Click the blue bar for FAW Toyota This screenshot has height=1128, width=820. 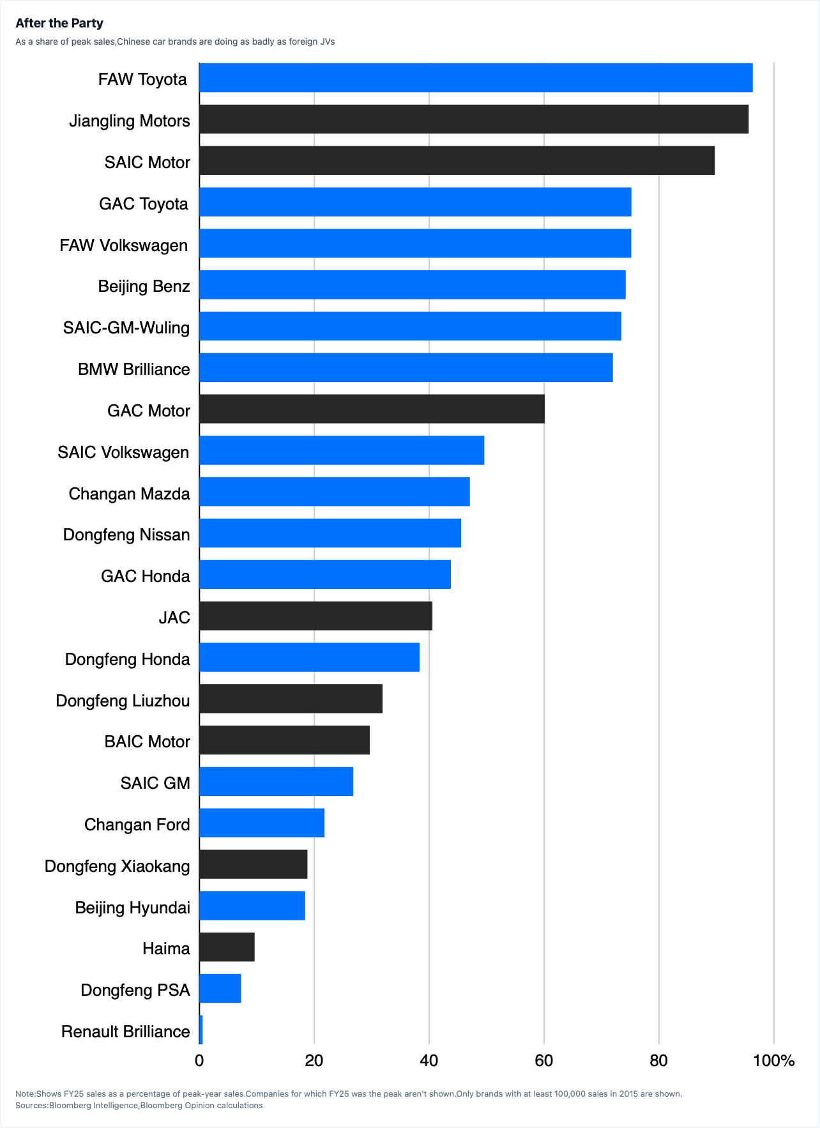pos(476,78)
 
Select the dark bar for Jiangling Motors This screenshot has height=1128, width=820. pos(474,119)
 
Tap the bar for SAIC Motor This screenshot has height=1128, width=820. pos(457,160)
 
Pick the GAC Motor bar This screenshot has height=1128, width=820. pos(372,409)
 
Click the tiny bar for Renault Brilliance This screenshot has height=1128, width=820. pos(201,1030)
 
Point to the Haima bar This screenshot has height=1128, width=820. pos(227,947)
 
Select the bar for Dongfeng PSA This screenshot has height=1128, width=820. pos(220,988)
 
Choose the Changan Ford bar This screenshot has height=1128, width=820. pos(262,823)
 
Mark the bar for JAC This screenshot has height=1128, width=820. pos(315,616)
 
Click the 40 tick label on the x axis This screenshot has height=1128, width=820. pos(429,1061)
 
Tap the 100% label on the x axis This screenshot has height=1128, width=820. pos(774,1061)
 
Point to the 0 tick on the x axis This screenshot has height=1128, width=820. pos(199,1061)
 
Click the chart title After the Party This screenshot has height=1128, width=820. pos(59,23)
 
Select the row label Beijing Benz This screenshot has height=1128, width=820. pos(144,286)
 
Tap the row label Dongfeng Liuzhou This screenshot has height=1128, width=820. pos(123,701)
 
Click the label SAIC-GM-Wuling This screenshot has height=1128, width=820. pos(126,328)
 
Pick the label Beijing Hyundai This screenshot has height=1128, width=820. pos(133,908)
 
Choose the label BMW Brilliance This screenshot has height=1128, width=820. pos(134,369)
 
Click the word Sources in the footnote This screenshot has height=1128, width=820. pos(31,1105)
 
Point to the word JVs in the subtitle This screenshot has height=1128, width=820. pos(328,42)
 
